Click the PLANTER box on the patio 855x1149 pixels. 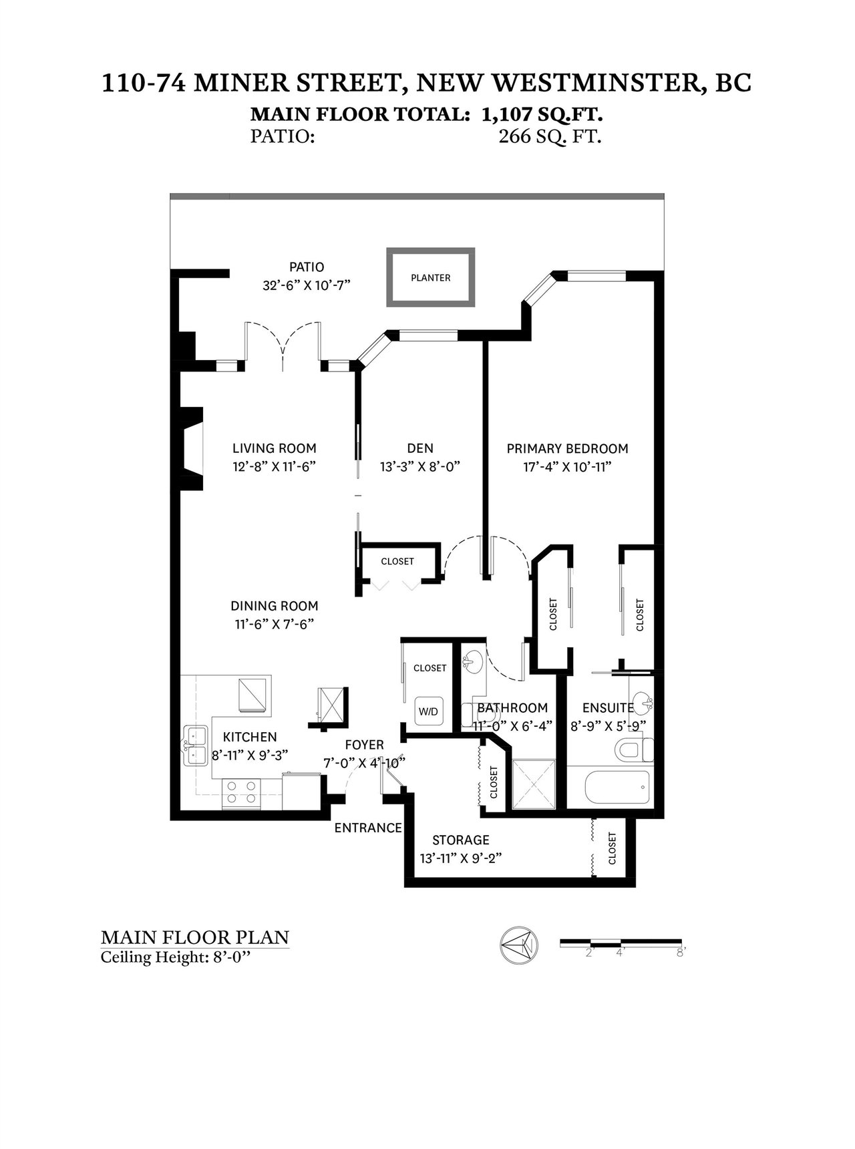pyautogui.click(x=431, y=277)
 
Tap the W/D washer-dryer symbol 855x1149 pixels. pyautogui.click(x=428, y=711)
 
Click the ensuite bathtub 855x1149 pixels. pyautogui.click(x=617, y=788)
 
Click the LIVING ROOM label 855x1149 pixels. pyautogui.click(x=275, y=448)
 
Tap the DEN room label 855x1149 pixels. pyautogui.click(x=420, y=448)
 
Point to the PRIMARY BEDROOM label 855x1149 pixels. pyautogui.click(x=567, y=448)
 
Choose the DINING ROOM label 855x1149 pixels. pyautogui.click(x=275, y=606)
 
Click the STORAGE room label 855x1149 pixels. pyautogui.click(x=461, y=840)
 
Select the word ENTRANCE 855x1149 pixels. pyautogui.click(x=368, y=828)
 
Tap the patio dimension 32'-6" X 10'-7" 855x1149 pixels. pyautogui.click(x=307, y=285)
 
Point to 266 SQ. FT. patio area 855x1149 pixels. pyautogui.click(x=550, y=137)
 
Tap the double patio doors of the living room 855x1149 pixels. pyautogui.click(x=283, y=344)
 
